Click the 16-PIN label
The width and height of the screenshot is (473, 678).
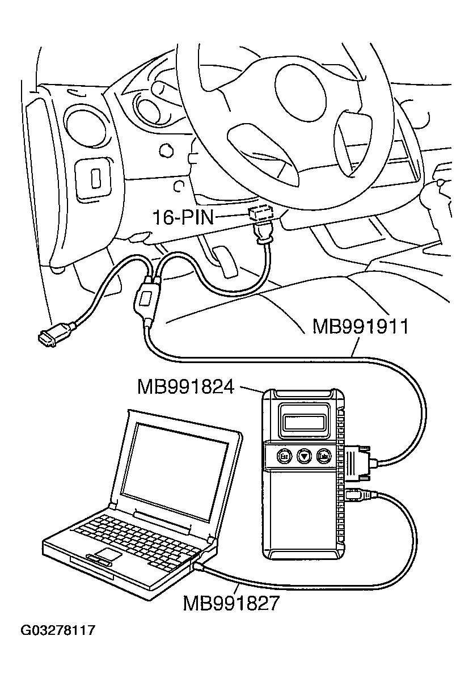pos(183,217)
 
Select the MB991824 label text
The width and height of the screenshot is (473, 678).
pos(185,387)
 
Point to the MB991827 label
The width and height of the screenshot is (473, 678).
pos(231,603)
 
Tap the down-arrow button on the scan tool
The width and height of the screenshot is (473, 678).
pos(304,455)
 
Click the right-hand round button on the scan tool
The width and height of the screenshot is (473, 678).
pos(324,455)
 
